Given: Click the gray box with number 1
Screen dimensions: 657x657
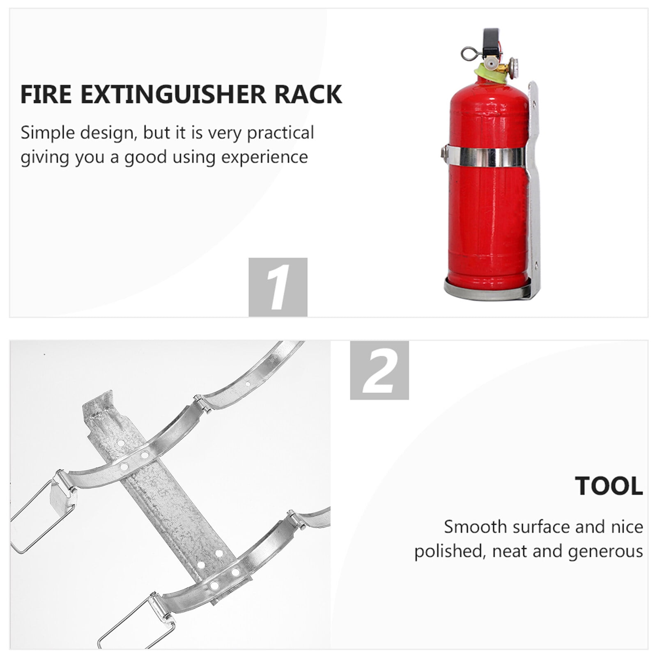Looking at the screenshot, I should coord(278,287).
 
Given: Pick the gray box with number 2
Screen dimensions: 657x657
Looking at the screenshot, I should coord(379,370).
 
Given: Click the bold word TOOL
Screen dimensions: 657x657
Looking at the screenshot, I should coord(609,486).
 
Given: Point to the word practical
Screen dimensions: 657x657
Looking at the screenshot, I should coord(280,133).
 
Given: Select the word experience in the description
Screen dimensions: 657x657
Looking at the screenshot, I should coord(266,157).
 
